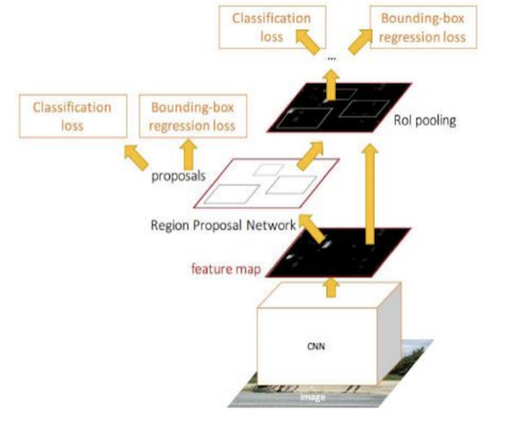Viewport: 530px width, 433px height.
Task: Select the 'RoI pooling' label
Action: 435,120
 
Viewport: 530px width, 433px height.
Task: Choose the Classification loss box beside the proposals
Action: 72,115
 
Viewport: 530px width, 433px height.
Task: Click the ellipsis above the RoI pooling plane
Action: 331,59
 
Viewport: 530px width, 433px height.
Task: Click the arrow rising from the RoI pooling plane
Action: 331,85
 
